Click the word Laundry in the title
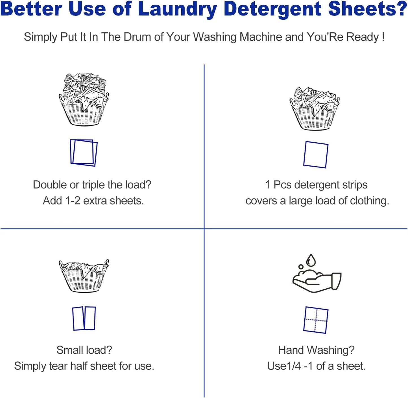coord(177,9)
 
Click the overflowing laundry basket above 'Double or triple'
coord(84,99)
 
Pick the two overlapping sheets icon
coord(84,152)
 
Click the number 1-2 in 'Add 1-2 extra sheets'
coord(73,201)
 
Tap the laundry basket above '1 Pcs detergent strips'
coord(315,109)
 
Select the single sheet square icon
coord(316,155)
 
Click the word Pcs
coord(282,185)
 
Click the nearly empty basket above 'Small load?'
coord(84,276)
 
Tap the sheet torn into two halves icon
coord(84,318)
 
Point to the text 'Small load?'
coord(84,350)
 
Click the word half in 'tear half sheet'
coord(79,366)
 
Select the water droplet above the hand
coord(311,260)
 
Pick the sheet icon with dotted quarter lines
coord(316,320)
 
